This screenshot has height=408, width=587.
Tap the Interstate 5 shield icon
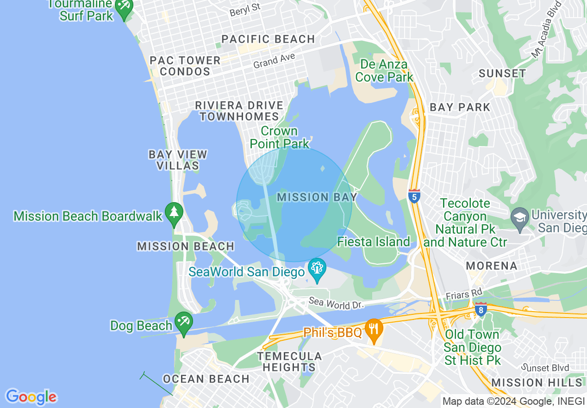pos(414,196)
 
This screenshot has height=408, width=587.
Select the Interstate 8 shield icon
pos(481,309)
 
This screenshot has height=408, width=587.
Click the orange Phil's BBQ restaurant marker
pos(373,331)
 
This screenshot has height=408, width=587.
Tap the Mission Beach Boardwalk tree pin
pos(174,214)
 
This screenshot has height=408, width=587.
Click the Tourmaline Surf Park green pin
pos(124,7)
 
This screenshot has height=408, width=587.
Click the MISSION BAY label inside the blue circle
pos(317,198)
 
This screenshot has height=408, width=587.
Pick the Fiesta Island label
pos(373,242)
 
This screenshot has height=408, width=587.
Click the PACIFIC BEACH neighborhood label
pos(268,39)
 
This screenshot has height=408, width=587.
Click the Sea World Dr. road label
pos(336,304)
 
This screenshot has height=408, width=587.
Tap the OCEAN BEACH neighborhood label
pos(206,379)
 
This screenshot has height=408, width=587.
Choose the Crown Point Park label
pos(280,137)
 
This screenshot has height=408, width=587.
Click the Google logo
pos(31,397)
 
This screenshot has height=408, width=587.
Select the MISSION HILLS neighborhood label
pos(536,382)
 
